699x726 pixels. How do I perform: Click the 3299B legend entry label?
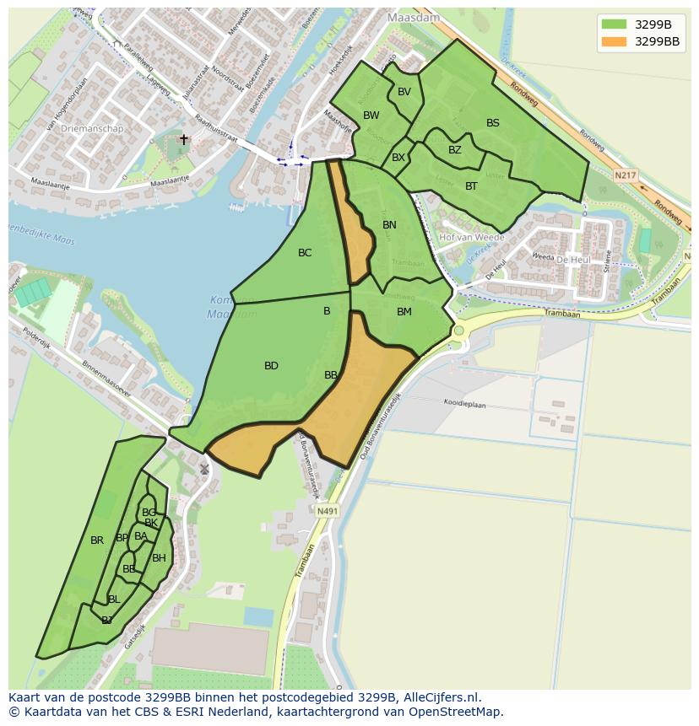(x=653, y=24)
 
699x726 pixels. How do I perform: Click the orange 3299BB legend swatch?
(x=615, y=41)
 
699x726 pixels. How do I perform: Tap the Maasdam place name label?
(x=409, y=17)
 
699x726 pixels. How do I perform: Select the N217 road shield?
(x=626, y=175)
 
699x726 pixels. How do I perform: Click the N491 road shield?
(x=328, y=511)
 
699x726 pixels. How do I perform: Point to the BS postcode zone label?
(x=493, y=123)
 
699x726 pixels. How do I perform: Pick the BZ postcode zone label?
(x=455, y=150)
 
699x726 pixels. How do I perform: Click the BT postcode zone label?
(x=471, y=186)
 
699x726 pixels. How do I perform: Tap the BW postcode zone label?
(x=371, y=116)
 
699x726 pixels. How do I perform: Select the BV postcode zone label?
(x=404, y=92)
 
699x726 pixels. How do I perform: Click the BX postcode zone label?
(x=398, y=158)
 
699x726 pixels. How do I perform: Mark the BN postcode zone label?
(x=389, y=225)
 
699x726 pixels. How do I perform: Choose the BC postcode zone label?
(x=305, y=253)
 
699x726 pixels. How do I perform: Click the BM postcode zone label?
(x=404, y=312)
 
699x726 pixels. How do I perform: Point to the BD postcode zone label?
(x=271, y=366)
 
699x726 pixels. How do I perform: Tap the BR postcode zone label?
(x=97, y=540)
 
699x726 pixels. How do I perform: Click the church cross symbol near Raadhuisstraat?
(x=184, y=140)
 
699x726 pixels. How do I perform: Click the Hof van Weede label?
(x=472, y=238)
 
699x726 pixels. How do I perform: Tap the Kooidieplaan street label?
(x=465, y=404)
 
